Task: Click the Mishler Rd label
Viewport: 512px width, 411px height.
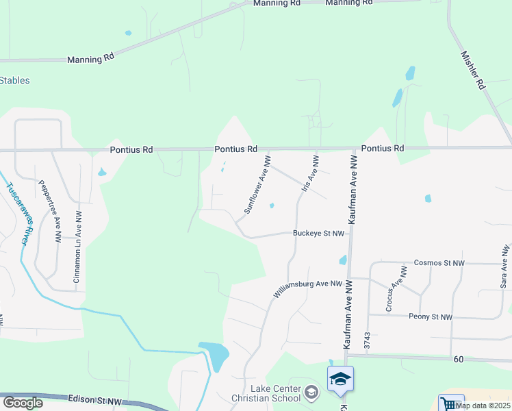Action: click(x=472, y=70)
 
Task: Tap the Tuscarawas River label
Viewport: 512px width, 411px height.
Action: click(x=18, y=214)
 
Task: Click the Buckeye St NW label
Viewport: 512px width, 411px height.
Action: click(x=318, y=234)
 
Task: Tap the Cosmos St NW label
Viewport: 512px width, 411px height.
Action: click(x=439, y=263)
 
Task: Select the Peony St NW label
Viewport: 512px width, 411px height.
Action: click(x=431, y=317)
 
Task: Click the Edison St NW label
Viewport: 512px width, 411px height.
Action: click(x=94, y=399)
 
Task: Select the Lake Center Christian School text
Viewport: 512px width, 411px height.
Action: click(x=274, y=393)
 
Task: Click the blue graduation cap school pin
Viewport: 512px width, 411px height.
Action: click(x=340, y=379)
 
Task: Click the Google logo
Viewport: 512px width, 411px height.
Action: click(x=23, y=402)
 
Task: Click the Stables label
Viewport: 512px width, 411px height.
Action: click(x=14, y=81)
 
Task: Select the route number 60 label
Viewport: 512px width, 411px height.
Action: click(x=459, y=359)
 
